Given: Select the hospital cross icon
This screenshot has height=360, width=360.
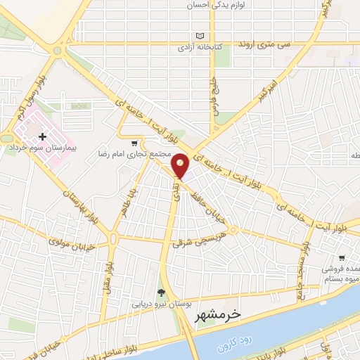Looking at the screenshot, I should coord(44,136).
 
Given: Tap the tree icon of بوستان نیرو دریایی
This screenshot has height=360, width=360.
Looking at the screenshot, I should coord(161,292).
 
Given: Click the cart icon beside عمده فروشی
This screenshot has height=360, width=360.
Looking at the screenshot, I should coord(341,259).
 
